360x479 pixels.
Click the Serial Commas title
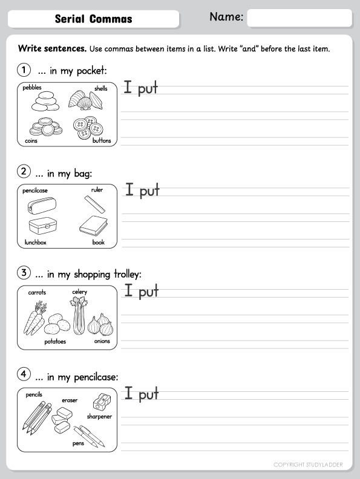click(x=94, y=19)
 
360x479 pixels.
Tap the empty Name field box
click(x=299, y=18)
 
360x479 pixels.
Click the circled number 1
click(x=24, y=70)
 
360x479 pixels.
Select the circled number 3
click(x=24, y=273)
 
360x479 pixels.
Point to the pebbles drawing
click(x=45, y=101)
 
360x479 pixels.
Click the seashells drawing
click(x=85, y=100)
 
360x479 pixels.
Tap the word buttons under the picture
click(x=102, y=140)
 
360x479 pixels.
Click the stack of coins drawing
click(x=46, y=127)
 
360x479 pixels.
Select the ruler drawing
click(x=95, y=204)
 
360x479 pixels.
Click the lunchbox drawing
click(x=43, y=226)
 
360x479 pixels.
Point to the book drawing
click(x=94, y=226)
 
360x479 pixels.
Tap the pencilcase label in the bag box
click(x=35, y=191)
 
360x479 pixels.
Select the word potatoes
click(x=55, y=342)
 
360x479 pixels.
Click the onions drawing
click(x=100, y=324)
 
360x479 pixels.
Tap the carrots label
click(x=37, y=292)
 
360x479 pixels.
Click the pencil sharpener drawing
click(x=102, y=402)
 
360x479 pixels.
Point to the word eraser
click(x=70, y=400)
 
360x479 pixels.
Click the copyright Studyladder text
click(x=308, y=464)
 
